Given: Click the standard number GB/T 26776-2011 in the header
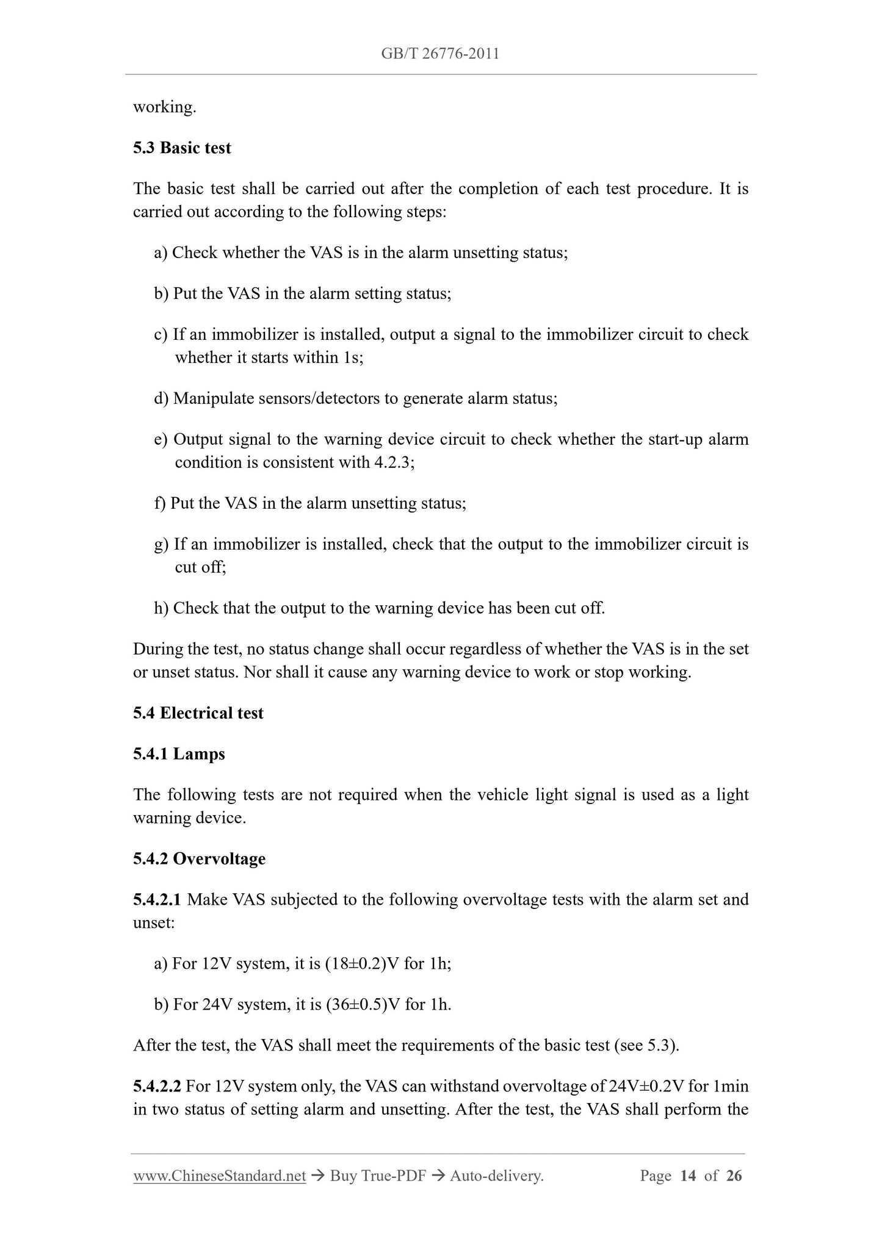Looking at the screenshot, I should [x=440, y=54].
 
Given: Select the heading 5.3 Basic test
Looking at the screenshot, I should [x=182, y=148].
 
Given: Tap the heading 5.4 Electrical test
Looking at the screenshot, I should [x=198, y=713].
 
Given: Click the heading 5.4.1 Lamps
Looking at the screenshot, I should [x=179, y=754].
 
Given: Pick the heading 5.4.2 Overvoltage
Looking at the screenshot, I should [x=199, y=859].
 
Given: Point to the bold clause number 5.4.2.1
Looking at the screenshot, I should [x=157, y=900].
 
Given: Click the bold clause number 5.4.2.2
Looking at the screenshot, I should [x=157, y=1087].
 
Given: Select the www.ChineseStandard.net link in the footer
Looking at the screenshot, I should [x=219, y=1176].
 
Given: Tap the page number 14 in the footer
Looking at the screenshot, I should [x=688, y=1176].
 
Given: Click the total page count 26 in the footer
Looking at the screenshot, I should [x=734, y=1176].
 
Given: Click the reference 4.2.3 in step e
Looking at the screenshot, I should [x=392, y=462].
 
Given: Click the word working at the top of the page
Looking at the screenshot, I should [x=164, y=107].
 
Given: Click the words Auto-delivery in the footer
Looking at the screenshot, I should [x=496, y=1176].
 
